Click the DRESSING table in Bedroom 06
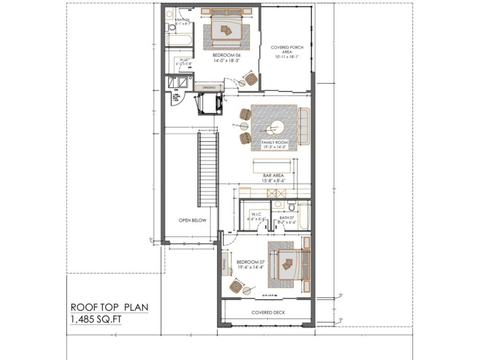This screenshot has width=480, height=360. pos(209,87)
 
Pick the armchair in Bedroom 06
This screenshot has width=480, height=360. pos(250,78)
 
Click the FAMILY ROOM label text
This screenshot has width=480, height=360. pos(274,142)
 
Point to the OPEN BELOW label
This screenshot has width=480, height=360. pos(192,220)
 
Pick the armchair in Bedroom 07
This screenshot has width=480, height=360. pos(235,285)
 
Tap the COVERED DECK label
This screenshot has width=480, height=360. pos(268,313)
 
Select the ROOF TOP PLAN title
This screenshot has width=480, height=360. pos(109,307)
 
